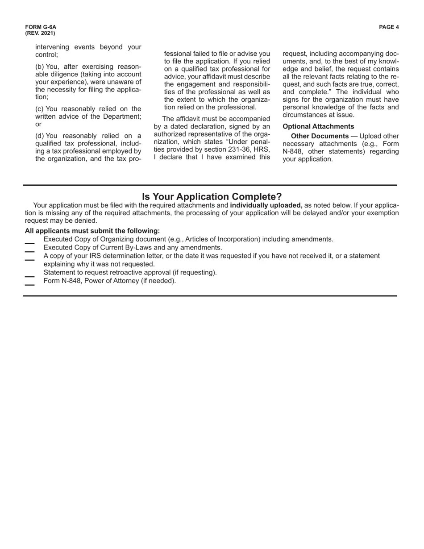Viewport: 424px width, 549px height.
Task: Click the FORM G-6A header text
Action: (41, 27)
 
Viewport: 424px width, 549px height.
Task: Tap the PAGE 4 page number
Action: (389, 27)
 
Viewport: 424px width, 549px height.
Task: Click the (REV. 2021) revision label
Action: (40, 33)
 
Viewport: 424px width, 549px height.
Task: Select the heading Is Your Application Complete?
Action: (212, 197)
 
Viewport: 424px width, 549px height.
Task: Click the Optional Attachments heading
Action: (318, 126)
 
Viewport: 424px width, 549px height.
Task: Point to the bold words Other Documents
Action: (320, 136)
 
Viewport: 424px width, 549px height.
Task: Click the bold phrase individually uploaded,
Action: (266, 205)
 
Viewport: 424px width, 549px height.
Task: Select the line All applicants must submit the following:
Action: (92, 231)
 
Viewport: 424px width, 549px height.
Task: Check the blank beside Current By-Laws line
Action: (29, 251)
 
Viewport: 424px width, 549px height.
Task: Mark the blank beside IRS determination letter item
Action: (29, 260)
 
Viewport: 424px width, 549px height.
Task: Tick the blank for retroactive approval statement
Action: (29, 276)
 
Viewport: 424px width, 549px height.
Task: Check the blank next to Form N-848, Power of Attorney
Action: (29, 284)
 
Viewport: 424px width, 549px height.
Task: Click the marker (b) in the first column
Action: (40, 67)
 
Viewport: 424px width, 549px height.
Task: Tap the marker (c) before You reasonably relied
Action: (39, 109)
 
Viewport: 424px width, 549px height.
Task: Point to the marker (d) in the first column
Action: (40, 136)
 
